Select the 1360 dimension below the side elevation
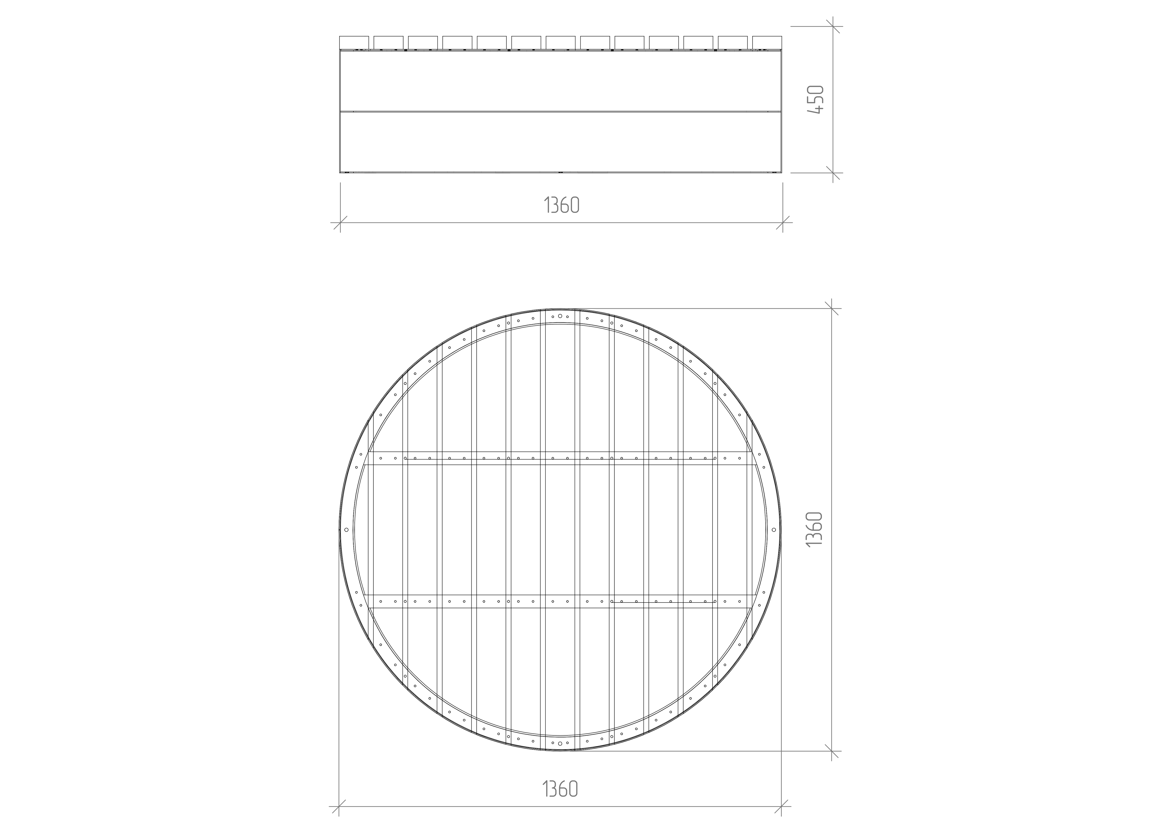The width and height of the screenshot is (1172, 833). point(561,205)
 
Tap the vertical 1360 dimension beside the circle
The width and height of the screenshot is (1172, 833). point(814,529)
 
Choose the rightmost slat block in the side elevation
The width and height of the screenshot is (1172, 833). point(767,43)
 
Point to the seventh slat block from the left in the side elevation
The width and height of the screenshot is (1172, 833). point(560,43)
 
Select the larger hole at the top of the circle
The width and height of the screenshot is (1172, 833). point(560,316)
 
